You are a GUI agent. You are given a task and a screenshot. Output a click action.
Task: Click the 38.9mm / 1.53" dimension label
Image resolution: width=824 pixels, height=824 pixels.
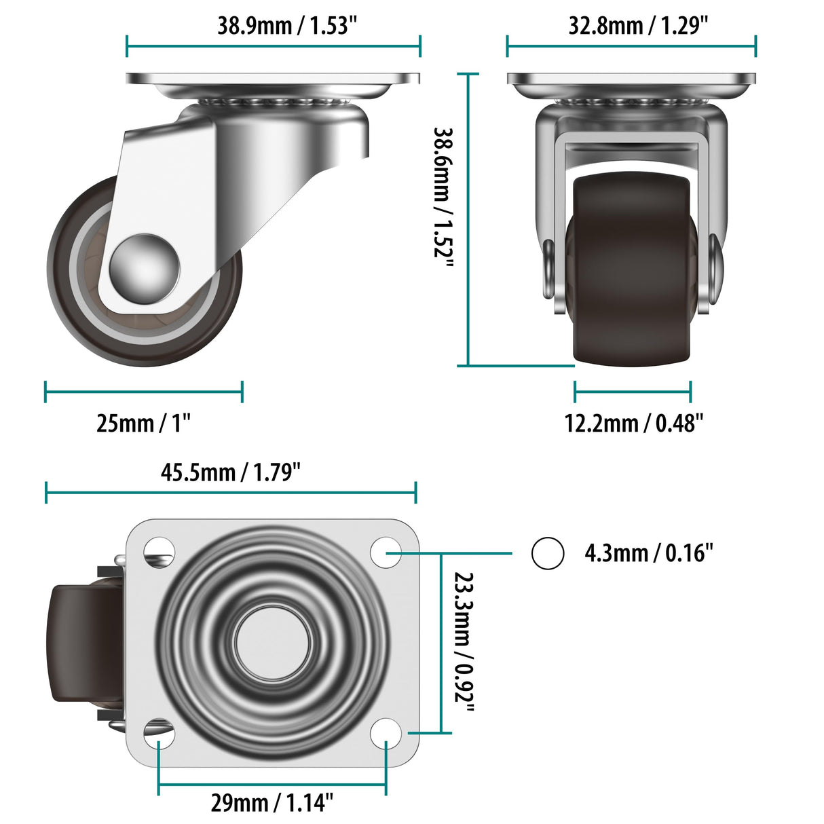coord(286,26)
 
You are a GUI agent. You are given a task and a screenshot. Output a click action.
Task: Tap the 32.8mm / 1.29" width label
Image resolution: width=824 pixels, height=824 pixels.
coord(638,26)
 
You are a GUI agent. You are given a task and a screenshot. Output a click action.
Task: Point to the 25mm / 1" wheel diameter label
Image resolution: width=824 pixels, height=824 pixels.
coord(143,423)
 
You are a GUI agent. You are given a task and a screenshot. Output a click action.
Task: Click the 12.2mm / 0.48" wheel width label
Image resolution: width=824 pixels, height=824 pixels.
coord(633,423)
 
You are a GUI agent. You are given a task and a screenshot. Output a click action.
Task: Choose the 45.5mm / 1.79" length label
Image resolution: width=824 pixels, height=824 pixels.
coord(230,472)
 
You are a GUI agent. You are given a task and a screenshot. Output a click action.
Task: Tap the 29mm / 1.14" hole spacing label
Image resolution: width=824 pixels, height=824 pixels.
coord(271,802)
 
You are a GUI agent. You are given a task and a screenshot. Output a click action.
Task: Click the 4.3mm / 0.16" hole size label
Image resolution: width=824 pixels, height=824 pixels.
coord(649,553)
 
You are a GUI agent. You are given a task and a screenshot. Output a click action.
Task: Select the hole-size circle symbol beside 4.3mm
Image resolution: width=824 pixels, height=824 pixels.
coord(547,553)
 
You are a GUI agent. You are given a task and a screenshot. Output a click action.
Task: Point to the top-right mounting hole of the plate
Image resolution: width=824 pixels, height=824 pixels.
coord(386,552)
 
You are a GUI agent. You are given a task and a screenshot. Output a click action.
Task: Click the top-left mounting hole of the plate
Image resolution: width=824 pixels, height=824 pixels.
coord(159,550)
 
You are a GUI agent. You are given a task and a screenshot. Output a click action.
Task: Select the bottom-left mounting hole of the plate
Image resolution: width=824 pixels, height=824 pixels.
coord(159,733)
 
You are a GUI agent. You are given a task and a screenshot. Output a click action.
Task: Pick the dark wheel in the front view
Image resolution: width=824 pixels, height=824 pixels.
coord(631,271)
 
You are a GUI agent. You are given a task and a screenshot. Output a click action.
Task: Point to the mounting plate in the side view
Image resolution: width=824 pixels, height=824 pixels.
coord(273,79)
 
